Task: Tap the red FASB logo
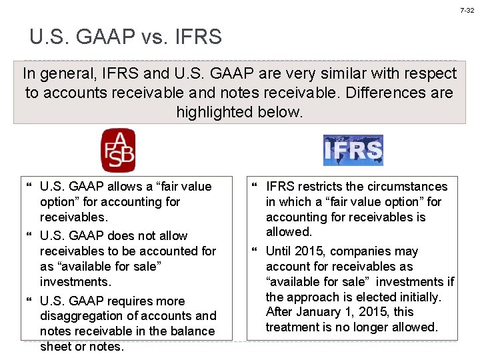coord(118,151)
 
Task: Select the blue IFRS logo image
coord(353,151)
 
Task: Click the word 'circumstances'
coord(407,187)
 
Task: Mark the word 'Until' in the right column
coord(280,251)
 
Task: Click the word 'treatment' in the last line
coord(292,327)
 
